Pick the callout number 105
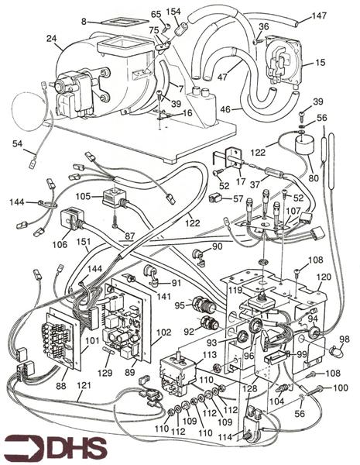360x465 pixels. pos(81,198)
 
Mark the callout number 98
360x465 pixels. pos(344,339)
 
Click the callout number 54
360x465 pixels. pos(17,144)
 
